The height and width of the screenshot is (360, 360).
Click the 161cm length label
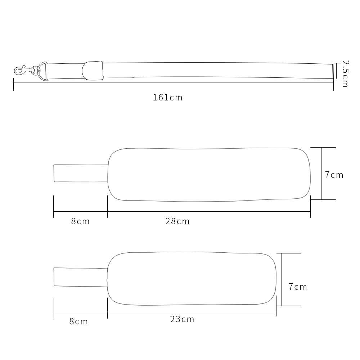tap(168, 98)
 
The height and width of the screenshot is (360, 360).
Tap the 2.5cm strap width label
tap(345, 74)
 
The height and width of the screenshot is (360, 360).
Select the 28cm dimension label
tap(177, 221)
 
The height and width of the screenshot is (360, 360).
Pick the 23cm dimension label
tap(182, 319)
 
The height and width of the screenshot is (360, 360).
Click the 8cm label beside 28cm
tap(80, 221)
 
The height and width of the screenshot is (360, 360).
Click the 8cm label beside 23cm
tap(78, 321)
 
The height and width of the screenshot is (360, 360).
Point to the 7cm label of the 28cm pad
tap(334, 175)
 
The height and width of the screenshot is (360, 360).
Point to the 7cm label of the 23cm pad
tap(298, 287)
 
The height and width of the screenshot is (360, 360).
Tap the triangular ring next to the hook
tap(43, 71)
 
